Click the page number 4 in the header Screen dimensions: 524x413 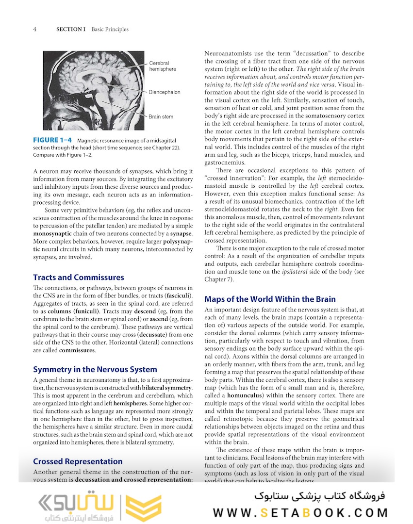(x=35, y=29)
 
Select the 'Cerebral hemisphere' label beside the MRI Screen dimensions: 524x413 (x=163, y=66)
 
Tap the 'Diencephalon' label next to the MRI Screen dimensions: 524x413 (x=165, y=92)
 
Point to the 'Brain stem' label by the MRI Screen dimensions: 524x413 (x=161, y=117)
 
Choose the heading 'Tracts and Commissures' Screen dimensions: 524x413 (x=79, y=278)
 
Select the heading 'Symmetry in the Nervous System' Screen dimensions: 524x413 (x=95, y=369)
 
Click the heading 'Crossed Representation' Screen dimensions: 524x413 (x=78, y=461)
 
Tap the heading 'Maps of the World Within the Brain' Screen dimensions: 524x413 (x=270, y=299)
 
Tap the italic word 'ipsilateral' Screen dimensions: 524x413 (x=297, y=272)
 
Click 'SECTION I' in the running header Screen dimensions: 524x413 (x=71, y=29)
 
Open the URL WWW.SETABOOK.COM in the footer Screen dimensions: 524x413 (x=300, y=512)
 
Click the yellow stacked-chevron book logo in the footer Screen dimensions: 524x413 (x=143, y=508)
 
